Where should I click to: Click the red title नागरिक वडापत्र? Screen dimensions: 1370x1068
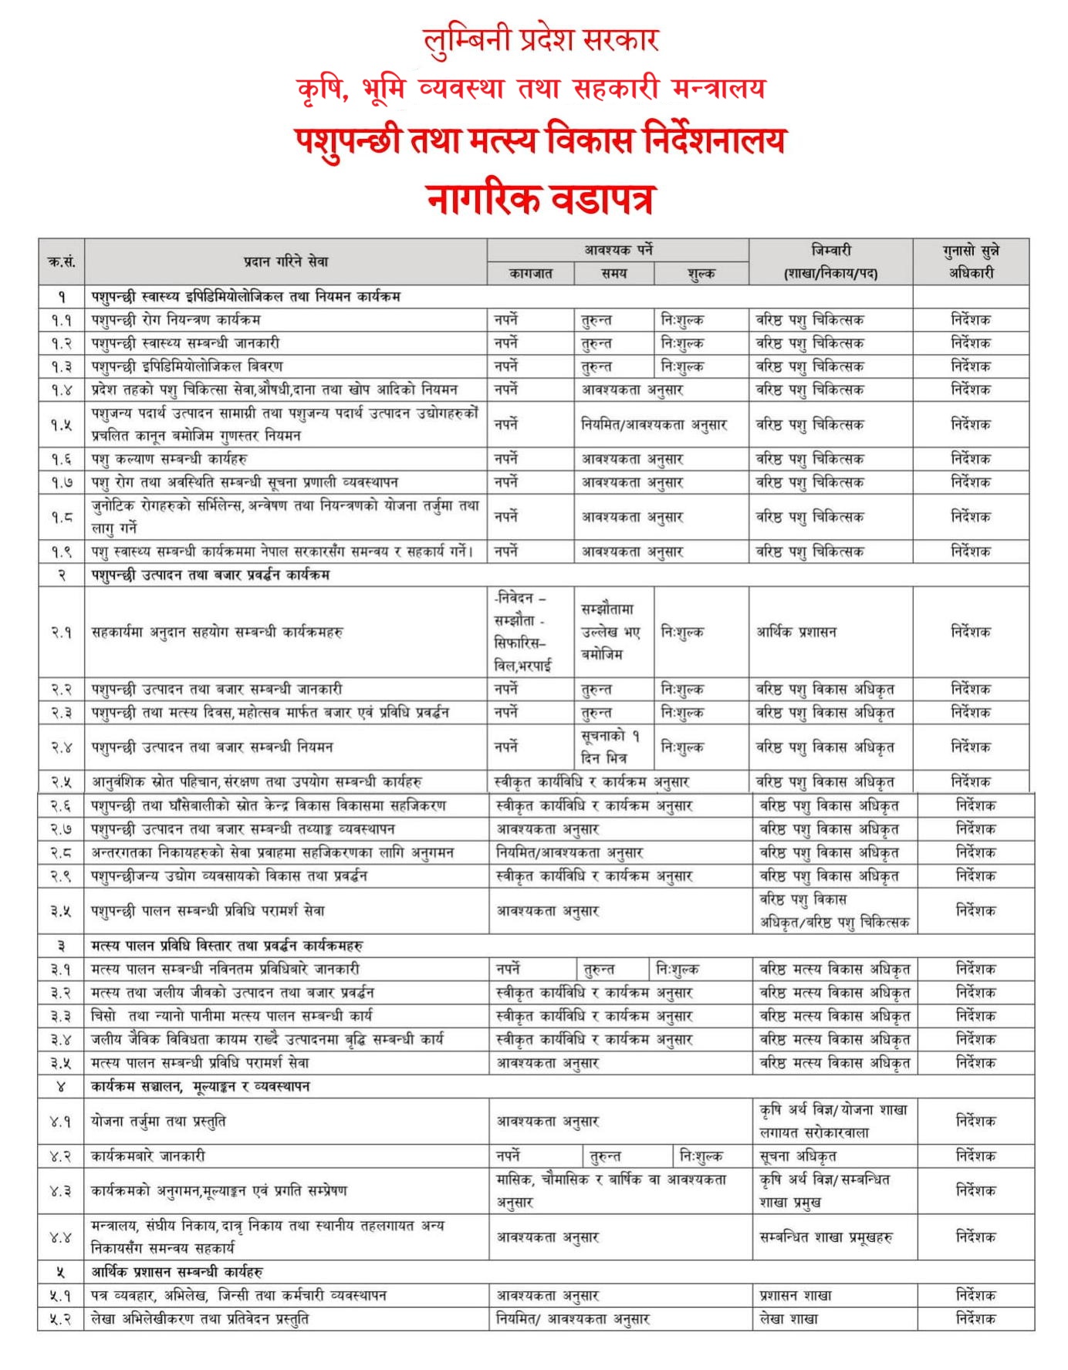pos(539,199)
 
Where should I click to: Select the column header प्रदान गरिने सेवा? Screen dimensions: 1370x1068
pos(286,262)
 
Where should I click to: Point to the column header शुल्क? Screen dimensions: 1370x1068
pos(701,273)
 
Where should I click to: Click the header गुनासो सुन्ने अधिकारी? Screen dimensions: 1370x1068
pos(971,262)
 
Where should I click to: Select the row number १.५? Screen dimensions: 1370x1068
pos(62,424)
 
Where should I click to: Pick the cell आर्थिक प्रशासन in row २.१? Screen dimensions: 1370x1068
pos(796,632)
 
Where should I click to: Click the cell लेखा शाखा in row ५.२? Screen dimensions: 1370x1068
pos(789,1319)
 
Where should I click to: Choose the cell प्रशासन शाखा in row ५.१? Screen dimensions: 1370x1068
pos(796,1296)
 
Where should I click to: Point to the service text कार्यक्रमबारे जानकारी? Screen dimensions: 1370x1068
pos(148,1156)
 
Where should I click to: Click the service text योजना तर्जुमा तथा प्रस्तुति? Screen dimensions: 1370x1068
pos(158,1122)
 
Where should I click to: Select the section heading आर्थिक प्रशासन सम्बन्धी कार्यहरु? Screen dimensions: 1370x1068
pos(177,1272)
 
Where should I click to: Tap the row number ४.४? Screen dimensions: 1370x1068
pos(61,1237)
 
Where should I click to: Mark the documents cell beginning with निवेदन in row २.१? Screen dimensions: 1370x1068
pos(521,632)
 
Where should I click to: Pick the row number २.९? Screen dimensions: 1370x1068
pos(62,876)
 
